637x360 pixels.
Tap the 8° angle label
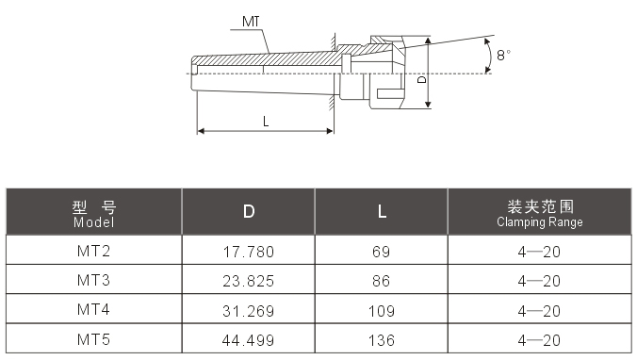(504, 56)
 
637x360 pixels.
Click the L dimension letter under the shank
(266, 121)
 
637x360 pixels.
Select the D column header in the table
(249, 212)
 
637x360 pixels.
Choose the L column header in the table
(381, 212)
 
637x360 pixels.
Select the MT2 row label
(94, 251)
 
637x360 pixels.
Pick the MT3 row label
(94, 280)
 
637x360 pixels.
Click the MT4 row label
(94, 309)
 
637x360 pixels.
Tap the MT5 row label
(94, 338)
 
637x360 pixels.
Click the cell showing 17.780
(249, 252)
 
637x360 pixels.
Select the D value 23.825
(249, 281)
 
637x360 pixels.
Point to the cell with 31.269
(249, 310)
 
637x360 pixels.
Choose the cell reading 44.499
(249, 339)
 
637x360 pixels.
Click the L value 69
(381, 252)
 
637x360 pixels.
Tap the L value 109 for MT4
(381, 310)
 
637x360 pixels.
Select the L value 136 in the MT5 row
(381, 339)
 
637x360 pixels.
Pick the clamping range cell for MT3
(539, 281)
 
